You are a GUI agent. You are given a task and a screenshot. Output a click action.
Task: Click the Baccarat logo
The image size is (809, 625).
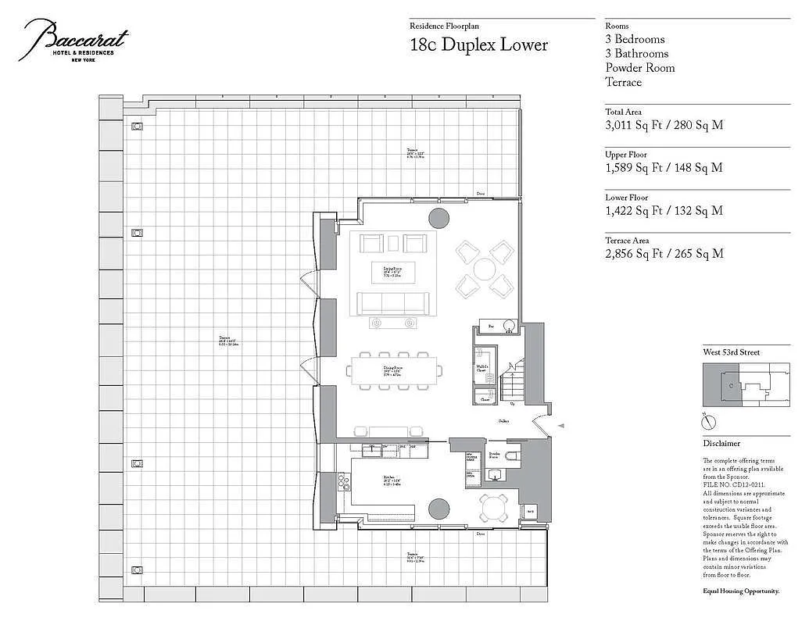(75, 40)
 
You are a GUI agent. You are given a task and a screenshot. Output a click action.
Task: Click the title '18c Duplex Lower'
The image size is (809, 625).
(478, 45)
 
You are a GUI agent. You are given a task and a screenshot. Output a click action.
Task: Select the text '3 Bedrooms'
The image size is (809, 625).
(635, 39)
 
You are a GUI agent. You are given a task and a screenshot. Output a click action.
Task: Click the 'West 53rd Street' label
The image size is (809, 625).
(731, 352)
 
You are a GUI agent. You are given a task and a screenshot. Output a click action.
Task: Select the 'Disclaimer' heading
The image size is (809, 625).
(721, 443)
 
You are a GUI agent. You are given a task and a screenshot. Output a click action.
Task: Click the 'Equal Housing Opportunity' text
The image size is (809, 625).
(741, 591)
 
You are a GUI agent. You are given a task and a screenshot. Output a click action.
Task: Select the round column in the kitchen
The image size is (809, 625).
(439, 509)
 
